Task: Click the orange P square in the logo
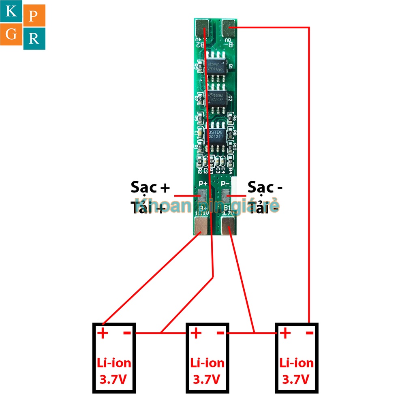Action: [34, 16]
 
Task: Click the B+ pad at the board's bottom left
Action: [202, 225]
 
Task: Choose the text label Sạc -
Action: [265, 187]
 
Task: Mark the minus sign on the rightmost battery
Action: [309, 333]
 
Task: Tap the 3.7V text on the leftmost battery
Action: [113, 380]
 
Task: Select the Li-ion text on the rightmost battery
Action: [297, 363]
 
